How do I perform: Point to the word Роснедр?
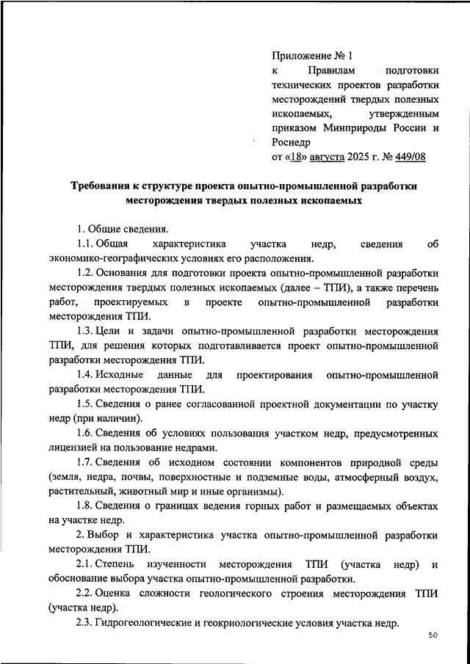[292, 142]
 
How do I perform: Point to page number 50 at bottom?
[433, 635]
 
